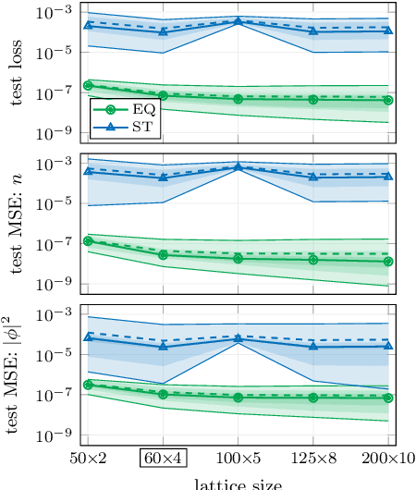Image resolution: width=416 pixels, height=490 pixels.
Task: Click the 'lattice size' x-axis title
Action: (x=238, y=483)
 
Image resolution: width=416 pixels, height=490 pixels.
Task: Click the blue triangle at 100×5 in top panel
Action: (x=239, y=21)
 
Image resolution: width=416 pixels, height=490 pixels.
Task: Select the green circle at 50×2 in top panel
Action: (x=88, y=85)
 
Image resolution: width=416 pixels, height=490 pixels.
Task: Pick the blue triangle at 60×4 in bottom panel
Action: (x=164, y=346)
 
